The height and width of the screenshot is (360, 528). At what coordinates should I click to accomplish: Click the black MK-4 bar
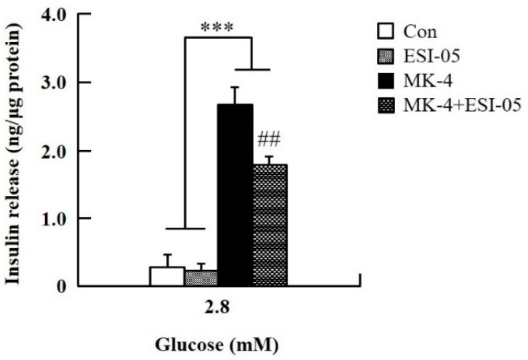[x=235, y=194]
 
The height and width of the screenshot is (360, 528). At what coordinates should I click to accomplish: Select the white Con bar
[x=166, y=276]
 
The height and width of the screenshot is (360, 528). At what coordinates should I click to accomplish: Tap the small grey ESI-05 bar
[x=201, y=278]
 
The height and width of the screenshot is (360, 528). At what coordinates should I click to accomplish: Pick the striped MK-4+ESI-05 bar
[x=269, y=225]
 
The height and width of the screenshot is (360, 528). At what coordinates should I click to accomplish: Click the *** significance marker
[x=218, y=28]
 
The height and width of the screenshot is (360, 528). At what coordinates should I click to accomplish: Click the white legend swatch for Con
[x=383, y=32]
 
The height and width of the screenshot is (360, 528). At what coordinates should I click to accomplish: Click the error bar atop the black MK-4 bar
[x=235, y=94]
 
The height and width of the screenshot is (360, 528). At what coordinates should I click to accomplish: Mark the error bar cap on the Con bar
[x=166, y=255]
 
